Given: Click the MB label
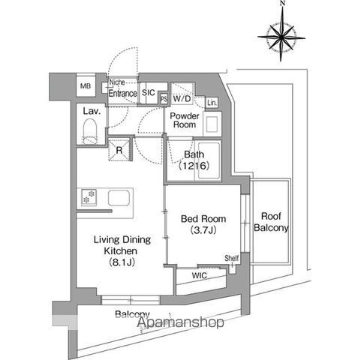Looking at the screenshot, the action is coord(86,86).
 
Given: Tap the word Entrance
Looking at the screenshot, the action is coord(122,94).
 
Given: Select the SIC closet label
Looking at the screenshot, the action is coord(149,93).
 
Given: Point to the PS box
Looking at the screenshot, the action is coord(164,99).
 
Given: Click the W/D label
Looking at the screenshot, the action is coord(182,99).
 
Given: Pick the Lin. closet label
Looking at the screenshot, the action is coord(212,103).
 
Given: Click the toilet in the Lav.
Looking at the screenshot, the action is coord(90,131).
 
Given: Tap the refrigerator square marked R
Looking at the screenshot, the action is coord(119,150).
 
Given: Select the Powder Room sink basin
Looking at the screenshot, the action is coord(212,124).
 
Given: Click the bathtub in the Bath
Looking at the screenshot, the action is coord(209,160).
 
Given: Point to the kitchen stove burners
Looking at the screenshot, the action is coord(89,197).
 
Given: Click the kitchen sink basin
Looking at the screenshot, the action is coord(119,198).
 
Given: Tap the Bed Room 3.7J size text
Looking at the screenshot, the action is coord(203,229).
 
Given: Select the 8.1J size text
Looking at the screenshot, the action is coord(122,262).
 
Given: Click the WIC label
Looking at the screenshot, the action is coord(200,276).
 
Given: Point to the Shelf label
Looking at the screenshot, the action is coord(232,258).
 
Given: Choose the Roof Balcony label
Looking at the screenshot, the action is coord(271,222).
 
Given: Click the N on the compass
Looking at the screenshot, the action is coord(283,3).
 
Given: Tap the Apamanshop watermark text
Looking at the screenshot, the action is coord(180,322).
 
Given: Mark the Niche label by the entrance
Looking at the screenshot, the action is coord(117,82).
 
